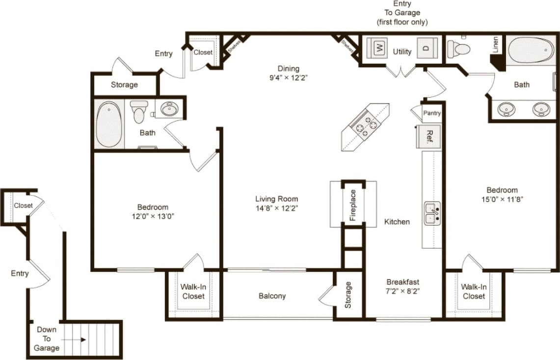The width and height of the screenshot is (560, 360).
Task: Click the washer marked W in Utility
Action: point(378,48)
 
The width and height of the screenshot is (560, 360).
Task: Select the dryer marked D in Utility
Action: point(426,48)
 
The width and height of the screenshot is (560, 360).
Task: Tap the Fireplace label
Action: point(353,205)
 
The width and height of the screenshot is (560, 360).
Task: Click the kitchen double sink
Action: point(432,214)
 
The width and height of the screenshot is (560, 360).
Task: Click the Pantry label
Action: point(432,113)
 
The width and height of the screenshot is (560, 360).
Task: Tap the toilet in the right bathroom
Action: point(458,49)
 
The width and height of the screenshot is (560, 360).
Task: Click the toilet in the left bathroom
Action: point(139,111)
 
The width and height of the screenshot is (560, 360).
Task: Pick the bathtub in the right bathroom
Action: point(531,50)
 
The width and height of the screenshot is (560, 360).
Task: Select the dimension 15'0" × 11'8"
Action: point(502,200)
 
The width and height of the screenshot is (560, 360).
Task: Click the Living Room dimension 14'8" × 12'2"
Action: point(276,208)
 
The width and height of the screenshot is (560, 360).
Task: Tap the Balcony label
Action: point(272,296)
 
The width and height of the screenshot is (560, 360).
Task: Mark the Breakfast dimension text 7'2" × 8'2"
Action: point(402,291)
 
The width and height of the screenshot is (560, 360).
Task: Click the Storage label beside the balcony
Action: point(348,295)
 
